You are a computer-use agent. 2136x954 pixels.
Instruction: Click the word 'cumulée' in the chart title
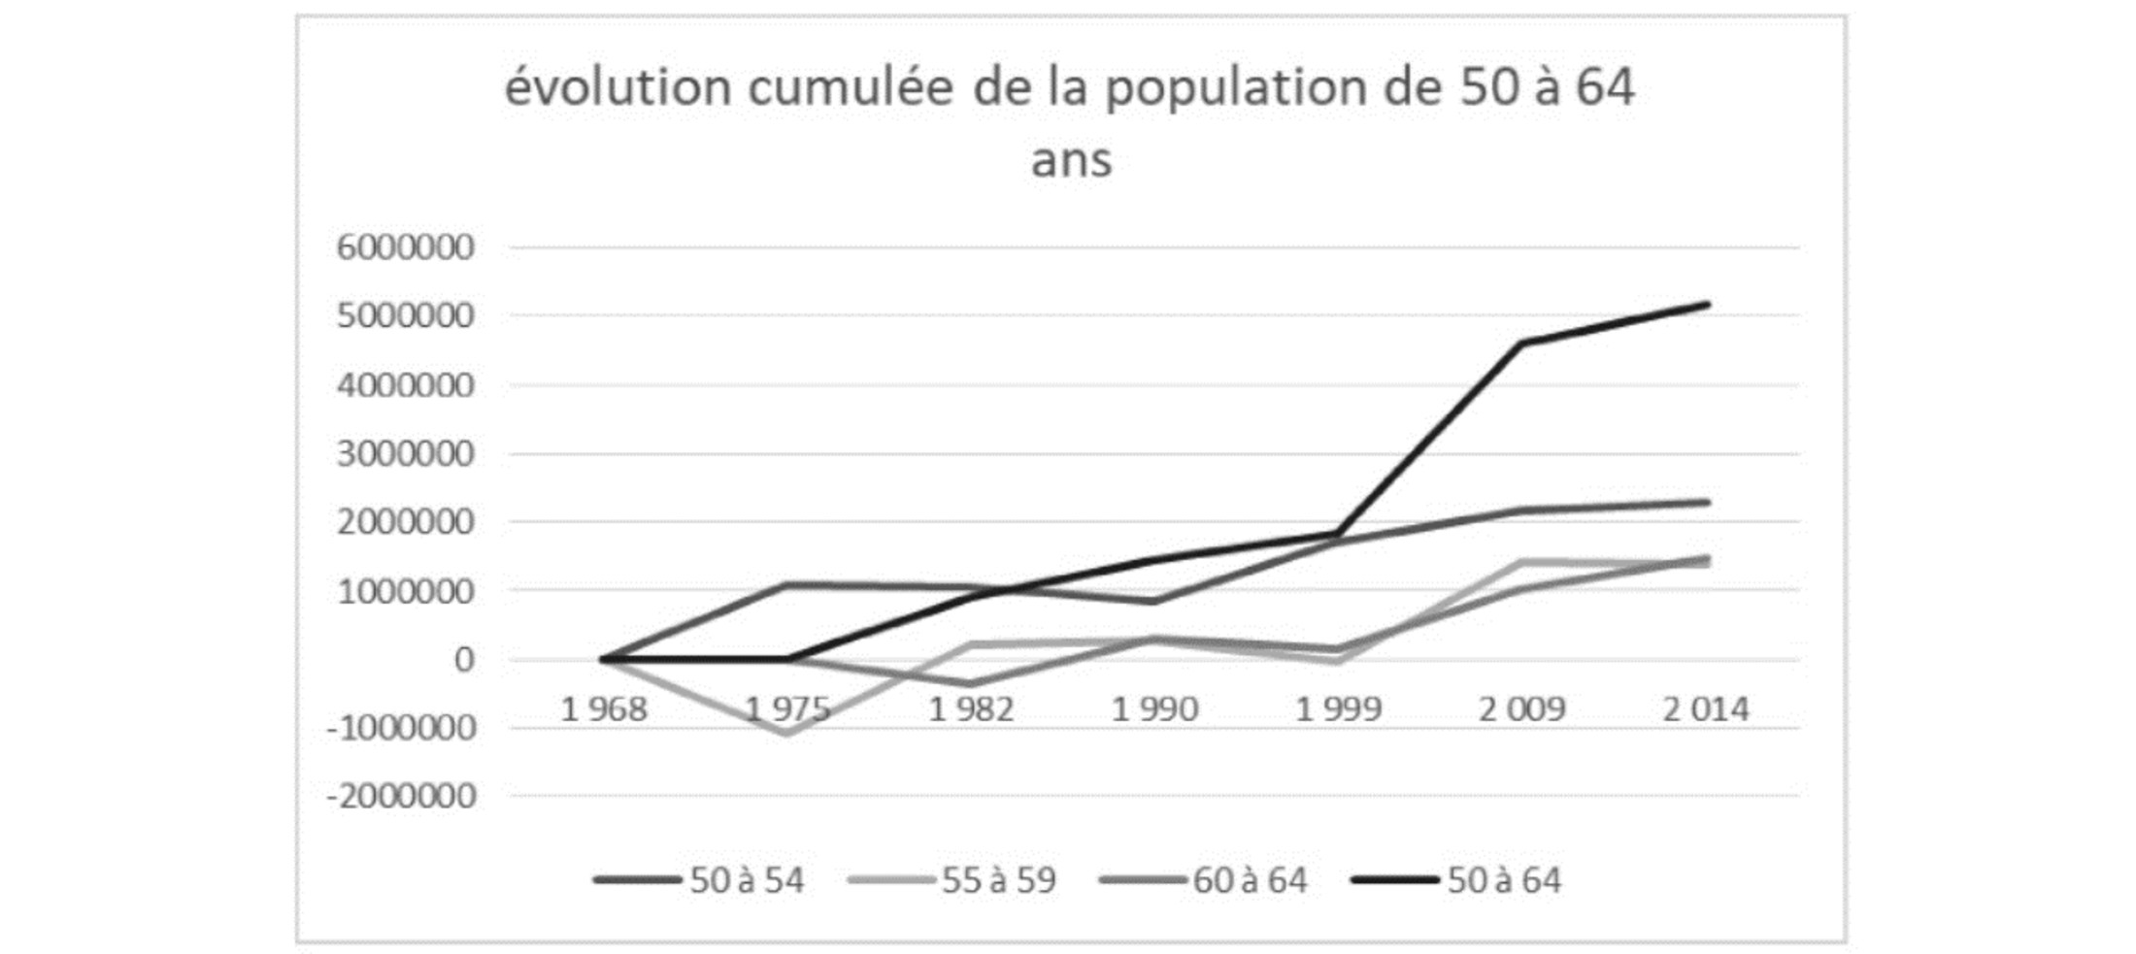coord(851,87)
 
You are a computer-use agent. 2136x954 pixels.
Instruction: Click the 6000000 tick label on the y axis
coord(405,247)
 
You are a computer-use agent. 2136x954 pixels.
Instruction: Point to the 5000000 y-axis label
coord(405,316)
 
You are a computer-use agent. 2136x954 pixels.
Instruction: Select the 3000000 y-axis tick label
coord(405,453)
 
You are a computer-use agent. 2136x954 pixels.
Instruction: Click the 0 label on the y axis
coord(464,660)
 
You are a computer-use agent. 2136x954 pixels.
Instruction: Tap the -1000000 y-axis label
coord(402,728)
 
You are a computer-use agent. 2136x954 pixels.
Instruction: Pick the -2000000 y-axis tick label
coord(402,797)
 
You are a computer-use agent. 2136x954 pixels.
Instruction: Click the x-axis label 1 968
coord(604,709)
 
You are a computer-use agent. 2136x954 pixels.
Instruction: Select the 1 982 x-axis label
coord(971,709)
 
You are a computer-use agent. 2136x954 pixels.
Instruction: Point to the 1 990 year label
coord(1154,709)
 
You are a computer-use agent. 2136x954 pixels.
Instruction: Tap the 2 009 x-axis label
coord(1521,709)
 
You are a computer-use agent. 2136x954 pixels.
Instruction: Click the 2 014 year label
coord(1705,709)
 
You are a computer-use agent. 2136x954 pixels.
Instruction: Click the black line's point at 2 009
coord(1522,343)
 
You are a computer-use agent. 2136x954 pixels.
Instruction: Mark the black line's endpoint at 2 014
coord(1707,305)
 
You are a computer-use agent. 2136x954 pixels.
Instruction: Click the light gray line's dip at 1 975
coord(787,733)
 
